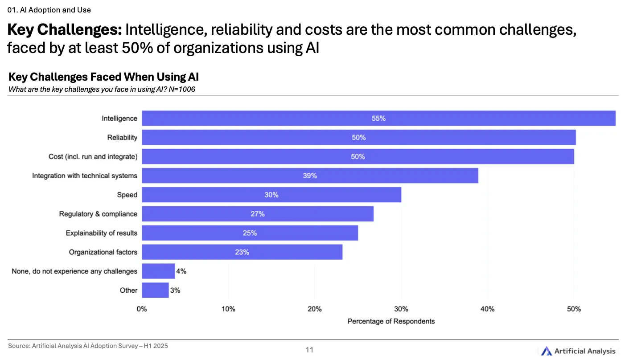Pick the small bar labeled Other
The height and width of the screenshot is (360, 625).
(155, 290)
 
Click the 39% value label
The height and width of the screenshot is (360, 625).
(310, 176)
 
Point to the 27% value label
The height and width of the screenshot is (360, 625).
(258, 214)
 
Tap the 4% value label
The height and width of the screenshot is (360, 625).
(181, 271)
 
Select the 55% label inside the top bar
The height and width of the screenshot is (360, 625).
(378, 119)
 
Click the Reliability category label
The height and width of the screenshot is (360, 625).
(122, 138)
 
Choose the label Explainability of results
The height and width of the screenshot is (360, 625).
(102, 233)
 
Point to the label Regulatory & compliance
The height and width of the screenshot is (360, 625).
(98, 214)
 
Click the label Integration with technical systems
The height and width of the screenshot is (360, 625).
(85, 176)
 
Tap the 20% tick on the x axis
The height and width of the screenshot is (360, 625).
(315, 309)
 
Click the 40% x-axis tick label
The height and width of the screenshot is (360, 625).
(488, 309)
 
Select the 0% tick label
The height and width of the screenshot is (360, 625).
(142, 309)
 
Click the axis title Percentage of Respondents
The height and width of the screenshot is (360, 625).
(391, 321)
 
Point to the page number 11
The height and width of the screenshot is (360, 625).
(309, 350)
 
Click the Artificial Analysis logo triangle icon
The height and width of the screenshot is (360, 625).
(547, 351)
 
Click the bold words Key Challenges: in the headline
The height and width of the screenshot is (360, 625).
(65, 30)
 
